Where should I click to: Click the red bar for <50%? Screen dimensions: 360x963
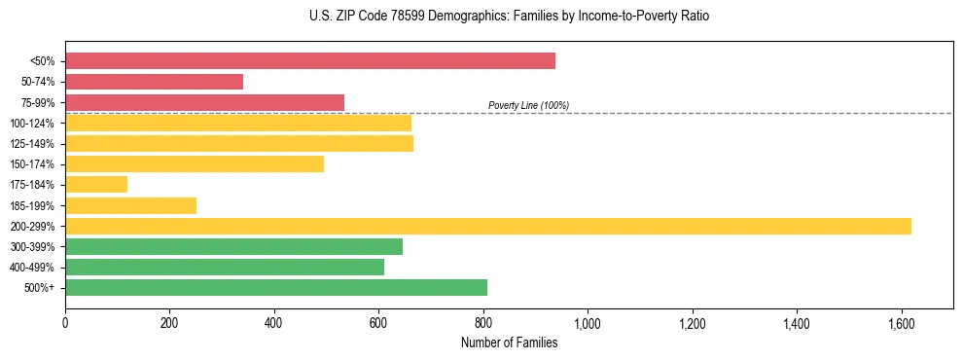(309, 61)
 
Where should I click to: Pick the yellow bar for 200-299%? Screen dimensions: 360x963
(487, 226)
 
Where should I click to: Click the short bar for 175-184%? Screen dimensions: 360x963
(96, 185)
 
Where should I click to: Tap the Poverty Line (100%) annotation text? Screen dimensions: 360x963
(528, 106)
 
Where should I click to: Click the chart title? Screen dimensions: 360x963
(509, 17)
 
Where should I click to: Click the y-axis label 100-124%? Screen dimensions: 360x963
(33, 124)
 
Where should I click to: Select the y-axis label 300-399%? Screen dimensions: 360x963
(33, 247)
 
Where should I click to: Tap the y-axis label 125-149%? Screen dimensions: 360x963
(33, 144)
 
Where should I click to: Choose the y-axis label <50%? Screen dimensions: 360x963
(43, 61)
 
